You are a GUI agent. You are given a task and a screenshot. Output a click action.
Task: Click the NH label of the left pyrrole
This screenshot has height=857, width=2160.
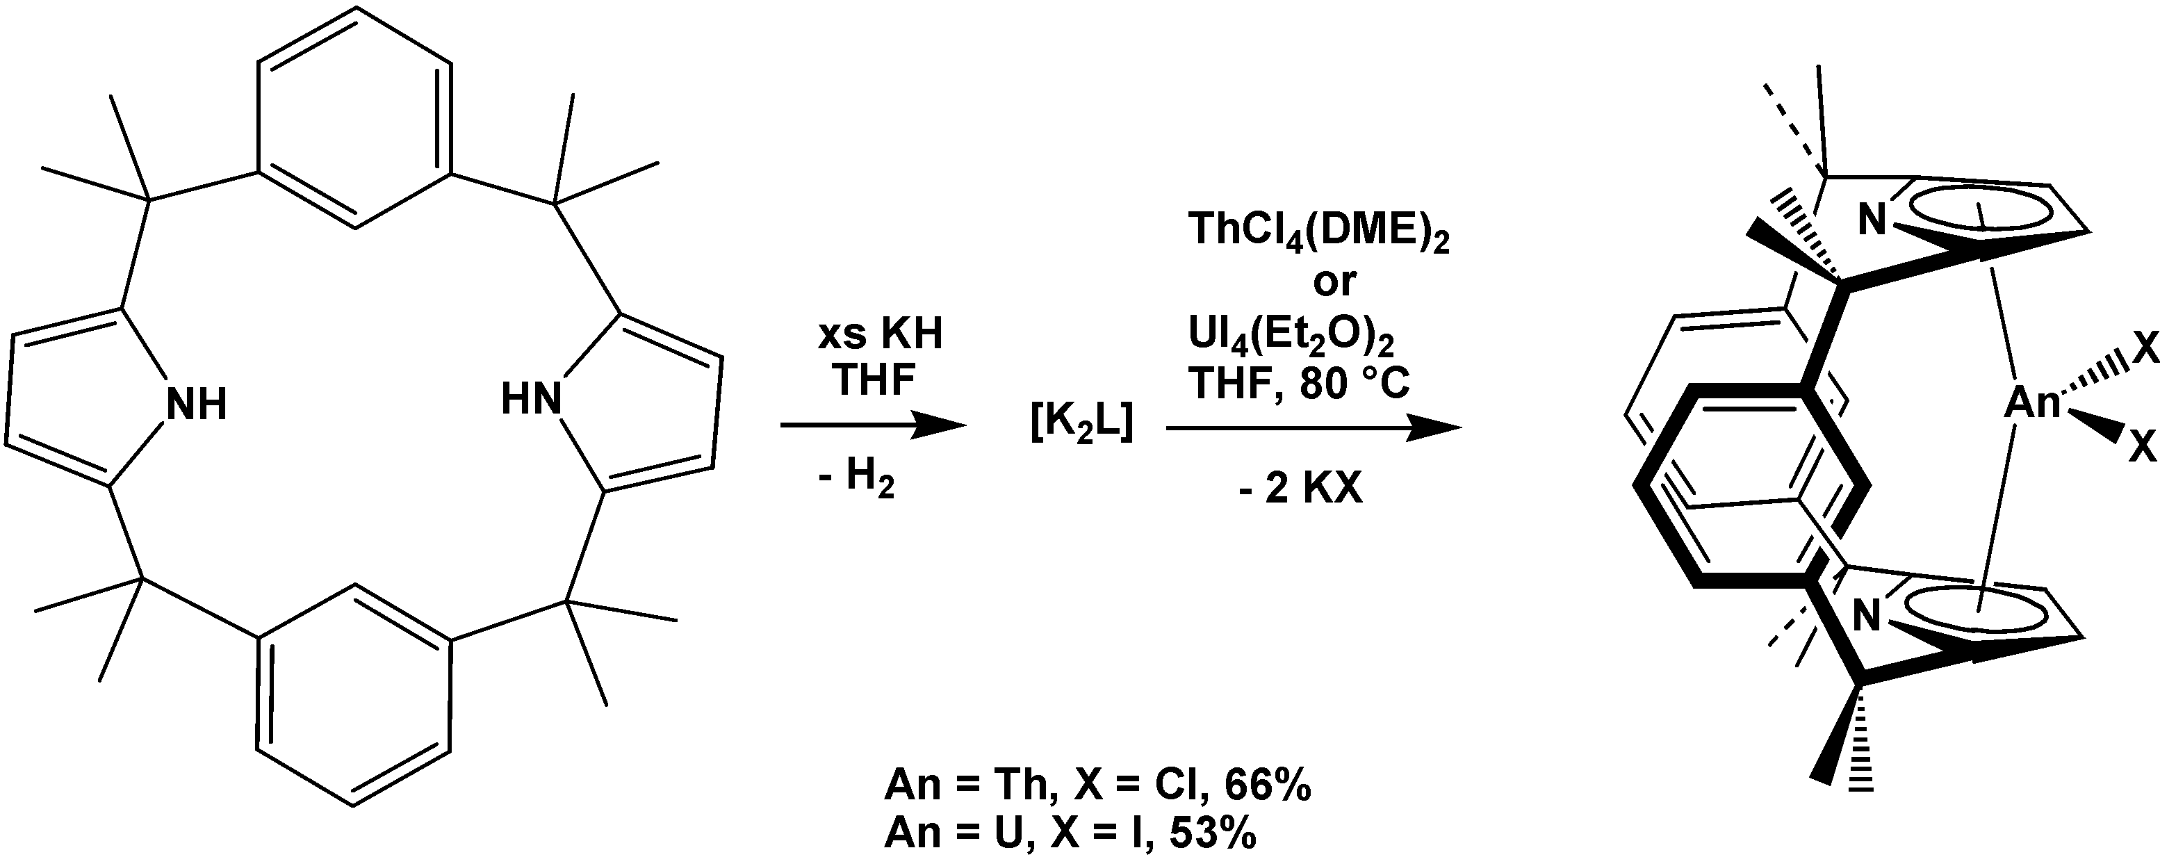click(x=197, y=405)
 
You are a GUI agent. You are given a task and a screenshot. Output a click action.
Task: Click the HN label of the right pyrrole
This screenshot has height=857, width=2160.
click(x=531, y=398)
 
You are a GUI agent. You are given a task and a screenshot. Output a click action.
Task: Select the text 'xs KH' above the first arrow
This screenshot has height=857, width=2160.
click(x=880, y=334)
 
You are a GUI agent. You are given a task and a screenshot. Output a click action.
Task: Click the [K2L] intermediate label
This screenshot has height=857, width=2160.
click(x=1081, y=425)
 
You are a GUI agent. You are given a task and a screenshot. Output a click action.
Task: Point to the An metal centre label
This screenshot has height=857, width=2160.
click(x=2031, y=405)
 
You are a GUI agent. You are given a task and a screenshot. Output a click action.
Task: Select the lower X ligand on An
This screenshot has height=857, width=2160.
click(x=2143, y=448)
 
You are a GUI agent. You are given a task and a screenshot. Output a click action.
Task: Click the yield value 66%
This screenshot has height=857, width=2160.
click(x=1267, y=787)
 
